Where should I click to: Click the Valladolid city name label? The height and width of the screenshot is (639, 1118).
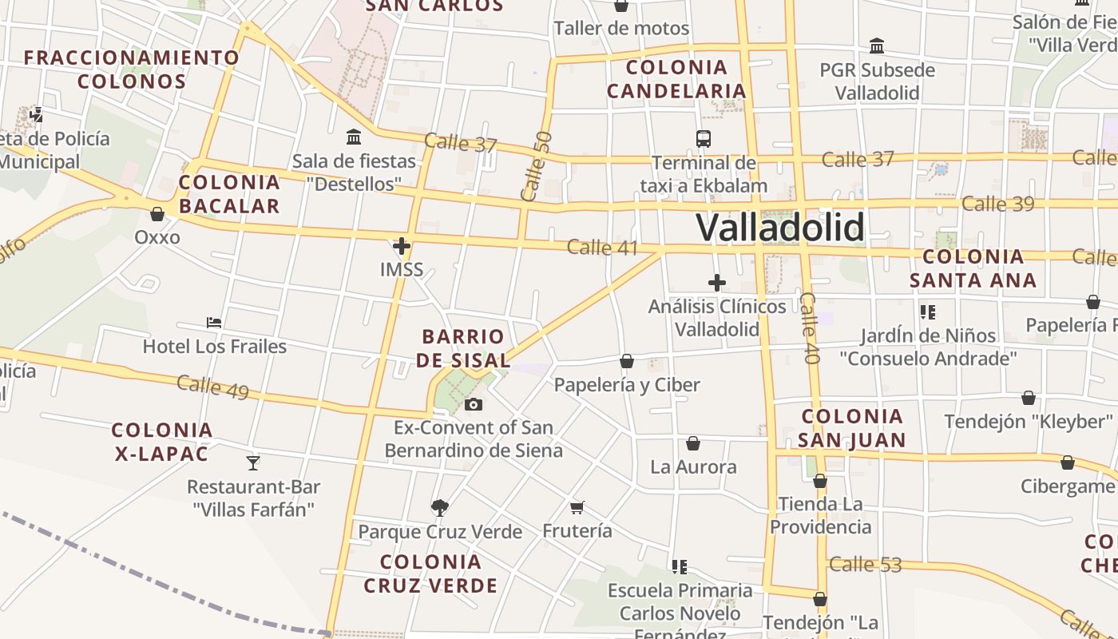(780, 227)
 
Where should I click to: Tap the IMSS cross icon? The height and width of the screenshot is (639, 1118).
(402, 246)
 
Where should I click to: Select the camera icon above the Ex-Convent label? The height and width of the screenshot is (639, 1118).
(474, 404)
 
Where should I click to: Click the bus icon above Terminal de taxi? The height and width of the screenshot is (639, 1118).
(704, 139)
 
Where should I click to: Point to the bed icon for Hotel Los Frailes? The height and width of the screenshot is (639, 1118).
(214, 323)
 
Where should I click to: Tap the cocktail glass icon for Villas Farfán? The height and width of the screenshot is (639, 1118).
(253, 462)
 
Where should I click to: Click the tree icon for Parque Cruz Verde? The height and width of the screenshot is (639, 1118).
(439, 507)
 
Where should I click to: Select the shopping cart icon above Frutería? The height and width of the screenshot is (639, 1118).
(577, 507)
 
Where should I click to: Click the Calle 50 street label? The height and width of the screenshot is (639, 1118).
(535, 166)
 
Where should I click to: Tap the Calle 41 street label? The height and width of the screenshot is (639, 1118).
(603, 248)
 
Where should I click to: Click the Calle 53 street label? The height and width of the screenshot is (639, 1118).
(865, 565)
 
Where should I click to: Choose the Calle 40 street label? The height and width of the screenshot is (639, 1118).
(809, 328)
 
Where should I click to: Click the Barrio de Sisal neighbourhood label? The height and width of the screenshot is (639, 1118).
(463, 348)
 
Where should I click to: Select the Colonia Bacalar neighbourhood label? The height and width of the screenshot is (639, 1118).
(230, 194)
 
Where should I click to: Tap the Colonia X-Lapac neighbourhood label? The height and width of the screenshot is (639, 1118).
(162, 442)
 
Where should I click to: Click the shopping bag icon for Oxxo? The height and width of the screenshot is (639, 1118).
(157, 214)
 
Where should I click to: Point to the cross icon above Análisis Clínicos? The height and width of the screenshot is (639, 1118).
(717, 282)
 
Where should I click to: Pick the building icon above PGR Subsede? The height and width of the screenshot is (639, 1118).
(877, 46)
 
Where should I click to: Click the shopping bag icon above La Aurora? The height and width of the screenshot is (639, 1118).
(693, 443)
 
